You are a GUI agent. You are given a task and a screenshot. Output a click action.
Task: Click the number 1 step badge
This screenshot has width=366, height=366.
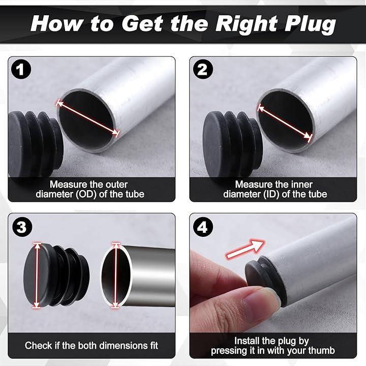21,69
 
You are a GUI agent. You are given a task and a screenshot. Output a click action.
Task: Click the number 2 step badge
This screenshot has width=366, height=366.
203,69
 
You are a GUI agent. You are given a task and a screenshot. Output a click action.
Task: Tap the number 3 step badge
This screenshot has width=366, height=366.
21,227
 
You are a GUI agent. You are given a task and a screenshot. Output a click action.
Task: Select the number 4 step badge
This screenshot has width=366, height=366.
203,227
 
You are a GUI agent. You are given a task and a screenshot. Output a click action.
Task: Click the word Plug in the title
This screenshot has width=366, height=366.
311,24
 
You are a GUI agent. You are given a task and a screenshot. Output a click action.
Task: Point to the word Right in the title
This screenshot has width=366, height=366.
247,24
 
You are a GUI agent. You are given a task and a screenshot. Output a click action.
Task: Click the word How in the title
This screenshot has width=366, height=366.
56,23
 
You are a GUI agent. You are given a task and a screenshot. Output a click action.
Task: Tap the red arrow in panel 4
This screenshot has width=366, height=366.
246,249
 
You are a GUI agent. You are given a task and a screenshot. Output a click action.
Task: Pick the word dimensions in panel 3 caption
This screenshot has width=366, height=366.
110,346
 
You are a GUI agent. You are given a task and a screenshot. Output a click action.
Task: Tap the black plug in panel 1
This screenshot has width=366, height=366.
35,143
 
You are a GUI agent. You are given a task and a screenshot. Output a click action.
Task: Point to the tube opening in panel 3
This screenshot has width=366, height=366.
116,276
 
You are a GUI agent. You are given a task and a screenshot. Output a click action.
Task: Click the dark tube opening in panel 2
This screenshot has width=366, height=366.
285,121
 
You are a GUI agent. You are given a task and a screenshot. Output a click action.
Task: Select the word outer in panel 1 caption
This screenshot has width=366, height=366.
116,185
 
